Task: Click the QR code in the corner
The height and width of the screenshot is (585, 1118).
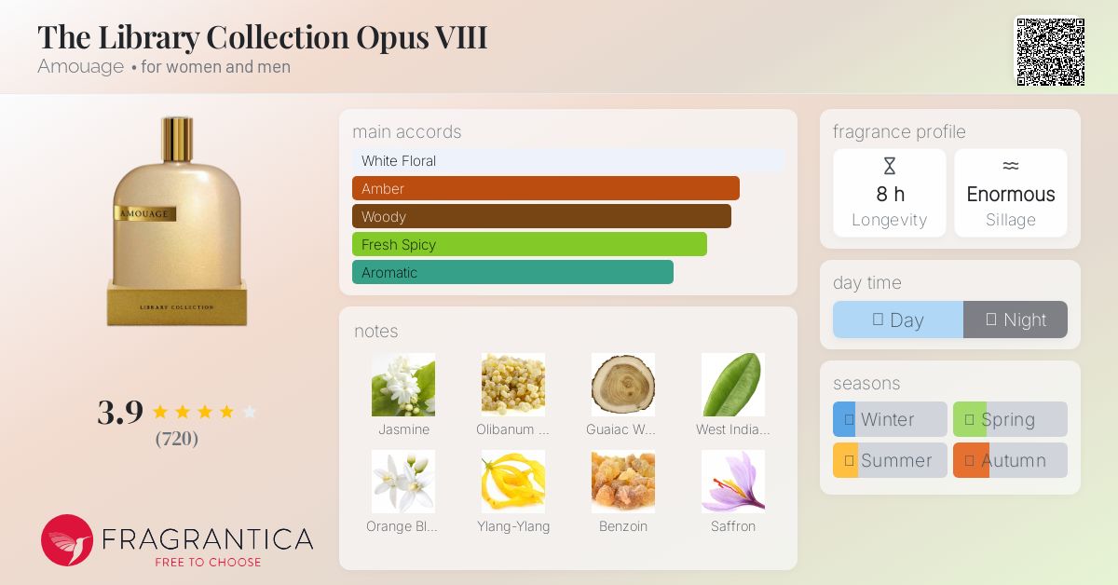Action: [1050, 52]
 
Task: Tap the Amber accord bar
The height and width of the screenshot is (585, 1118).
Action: [545, 188]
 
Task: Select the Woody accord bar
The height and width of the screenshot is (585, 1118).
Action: [541, 216]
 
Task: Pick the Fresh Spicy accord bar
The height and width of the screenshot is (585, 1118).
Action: [529, 244]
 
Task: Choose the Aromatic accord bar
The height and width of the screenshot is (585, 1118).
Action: [512, 272]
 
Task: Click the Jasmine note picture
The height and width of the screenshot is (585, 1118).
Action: [403, 385]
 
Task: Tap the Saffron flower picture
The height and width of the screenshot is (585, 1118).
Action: [733, 482]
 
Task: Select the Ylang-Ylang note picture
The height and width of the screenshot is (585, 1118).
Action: [513, 482]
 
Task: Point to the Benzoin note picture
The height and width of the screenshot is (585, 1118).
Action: [623, 482]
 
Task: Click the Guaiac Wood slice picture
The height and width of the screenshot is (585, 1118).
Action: [623, 385]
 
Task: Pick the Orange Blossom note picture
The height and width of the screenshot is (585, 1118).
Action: [403, 482]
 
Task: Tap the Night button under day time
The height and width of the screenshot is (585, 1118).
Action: [1016, 320]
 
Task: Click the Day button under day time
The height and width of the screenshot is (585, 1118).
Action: [898, 320]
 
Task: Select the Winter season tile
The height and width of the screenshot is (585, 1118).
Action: [890, 419]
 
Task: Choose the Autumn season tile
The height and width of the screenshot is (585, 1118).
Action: [1010, 460]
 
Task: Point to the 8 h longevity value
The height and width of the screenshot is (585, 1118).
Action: [890, 194]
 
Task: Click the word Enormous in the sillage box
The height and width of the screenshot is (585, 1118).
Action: [1011, 194]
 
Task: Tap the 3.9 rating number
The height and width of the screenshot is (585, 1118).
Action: [120, 412]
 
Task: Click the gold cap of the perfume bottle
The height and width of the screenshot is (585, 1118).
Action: [177, 139]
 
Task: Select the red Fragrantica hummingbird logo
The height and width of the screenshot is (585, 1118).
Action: [67, 540]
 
